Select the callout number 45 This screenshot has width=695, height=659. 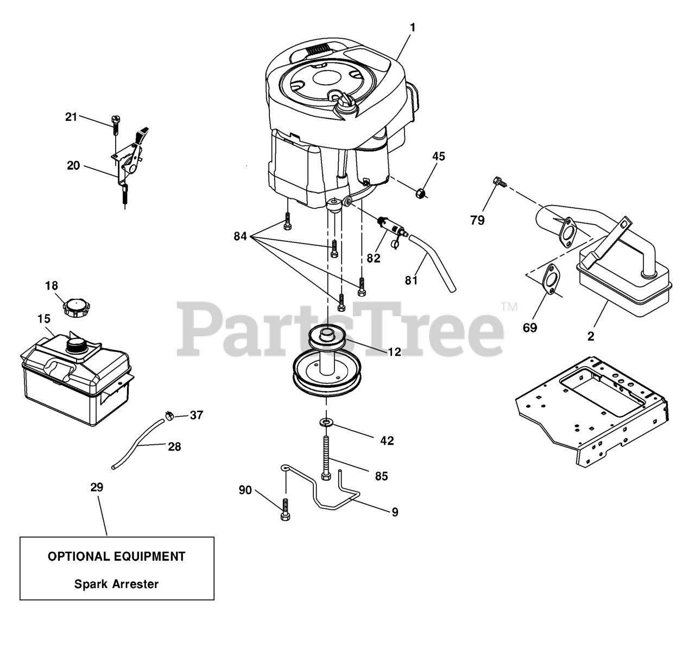pyautogui.click(x=439, y=157)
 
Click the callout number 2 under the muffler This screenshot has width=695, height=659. pyautogui.click(x=591, y=336)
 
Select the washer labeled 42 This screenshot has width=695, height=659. pyautogui.click(x=326, y=422)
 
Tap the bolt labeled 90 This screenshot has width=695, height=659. pyautogui.click(x=286, y=509)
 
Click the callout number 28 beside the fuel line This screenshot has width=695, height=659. pyautogui.click(x=174, y=446)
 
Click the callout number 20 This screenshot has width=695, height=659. pyautogui.click(x=73, y=165)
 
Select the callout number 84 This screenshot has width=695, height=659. pyautogui.click(x=241, y=236)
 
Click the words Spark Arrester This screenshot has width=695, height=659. pyautogui.click(x=117, y=584)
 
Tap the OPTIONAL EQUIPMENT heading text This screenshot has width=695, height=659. pyautogui.click(x=117, y=556)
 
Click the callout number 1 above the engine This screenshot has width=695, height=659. pyautogui.click(x=412, y=27)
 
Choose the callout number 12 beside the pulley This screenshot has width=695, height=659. pyautogui.click(x=394, y=351)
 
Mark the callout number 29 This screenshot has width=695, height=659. pyautogui.click(x=97, y=487)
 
